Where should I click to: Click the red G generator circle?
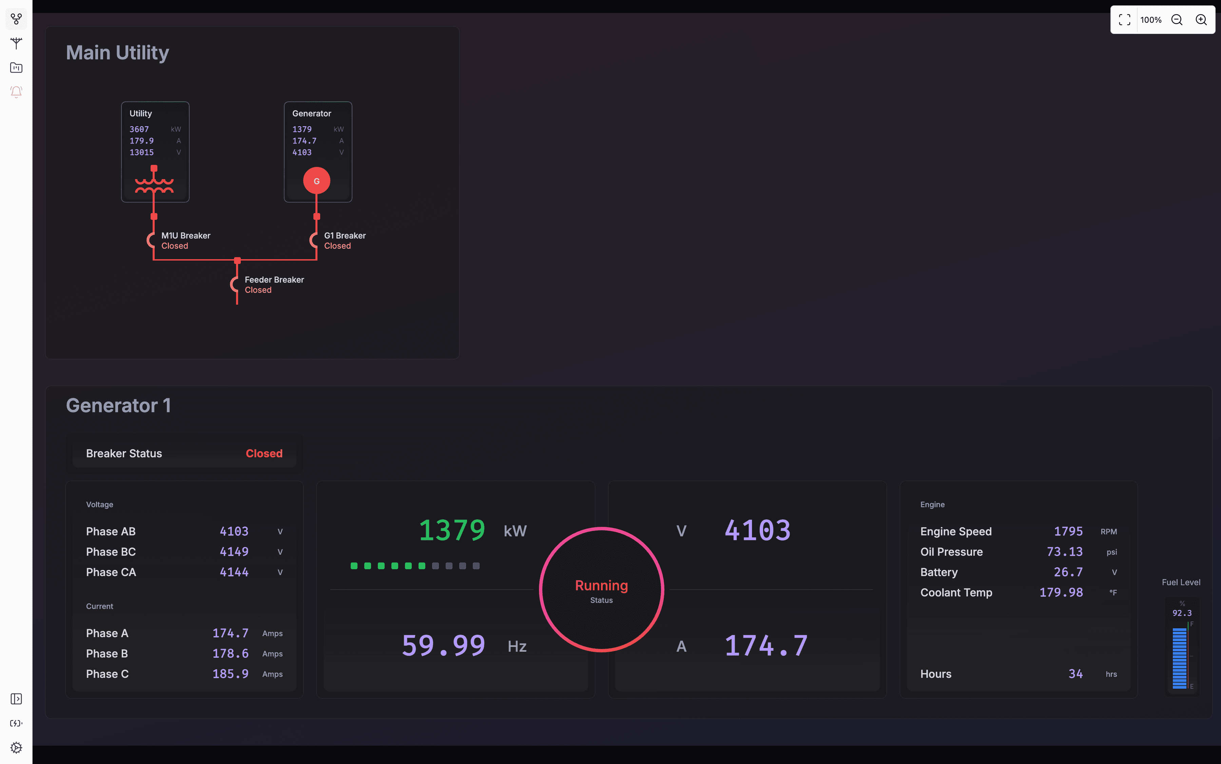click(x=317, y=181)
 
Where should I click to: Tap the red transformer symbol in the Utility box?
click(x=154, y=184)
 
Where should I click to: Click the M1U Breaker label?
click(x=186, y=235)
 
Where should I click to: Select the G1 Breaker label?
click(x=345, y=235)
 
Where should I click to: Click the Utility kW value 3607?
click(x=139, y=129)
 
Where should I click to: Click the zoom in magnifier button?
click(x=1201, y=20)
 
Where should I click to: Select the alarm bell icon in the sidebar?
click(x=16, y=92)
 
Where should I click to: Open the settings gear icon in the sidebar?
click(x=16, y=747)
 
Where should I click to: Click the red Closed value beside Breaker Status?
click(x=264, y=453)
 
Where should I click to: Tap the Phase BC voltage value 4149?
click(x=234, y=552)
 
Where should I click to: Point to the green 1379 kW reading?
click(x=452, y=531)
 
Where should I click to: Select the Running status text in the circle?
click(x=601, y=585)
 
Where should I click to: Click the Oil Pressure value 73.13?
click(x=1064, y=552)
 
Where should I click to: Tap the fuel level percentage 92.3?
click(x=1182, y=613)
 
